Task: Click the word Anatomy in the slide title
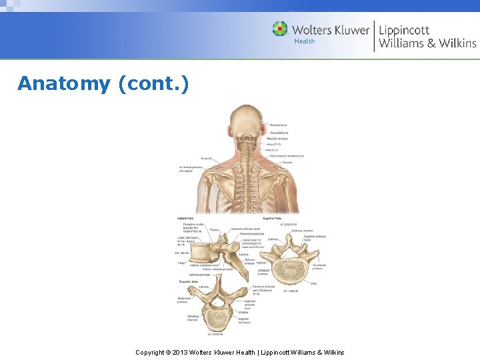(x=64, y=84)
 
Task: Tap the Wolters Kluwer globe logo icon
(x=280, y=29)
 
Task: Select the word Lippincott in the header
(x=404, y=30)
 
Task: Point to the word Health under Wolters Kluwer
(x=304, y=41)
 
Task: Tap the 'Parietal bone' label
(x=279, y=125)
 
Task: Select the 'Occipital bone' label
(x=278, y=133)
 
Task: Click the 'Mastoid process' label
(x=279, y=139)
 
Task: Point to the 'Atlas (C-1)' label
(x=274, y=144)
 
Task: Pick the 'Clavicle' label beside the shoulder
(x=287, y=162)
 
